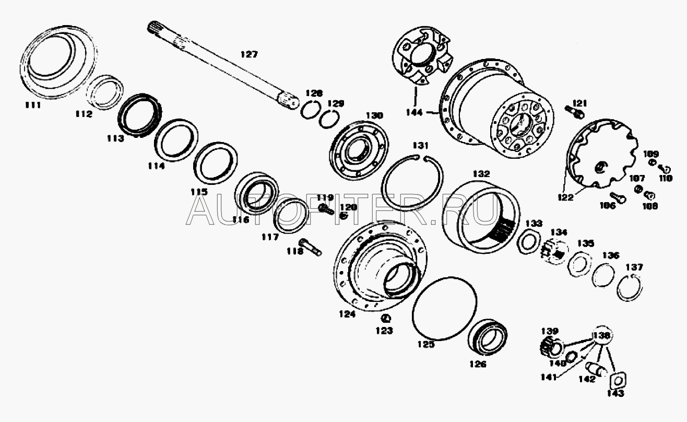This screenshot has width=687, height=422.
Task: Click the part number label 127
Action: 248,54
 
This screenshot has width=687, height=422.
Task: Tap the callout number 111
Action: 33,105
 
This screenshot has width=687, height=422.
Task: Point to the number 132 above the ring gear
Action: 481,173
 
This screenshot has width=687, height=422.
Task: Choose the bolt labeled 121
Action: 574,110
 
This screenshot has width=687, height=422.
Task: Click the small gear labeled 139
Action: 547,345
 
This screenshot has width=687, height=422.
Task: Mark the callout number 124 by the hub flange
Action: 347,314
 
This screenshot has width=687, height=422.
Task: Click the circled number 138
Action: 601,336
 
